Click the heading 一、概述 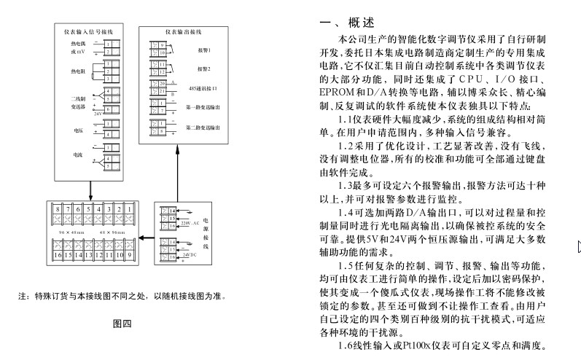[347, 22]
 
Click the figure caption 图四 [122, 323]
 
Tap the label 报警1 [203, 50]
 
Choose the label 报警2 [203, 69]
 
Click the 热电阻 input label [78, 71]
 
